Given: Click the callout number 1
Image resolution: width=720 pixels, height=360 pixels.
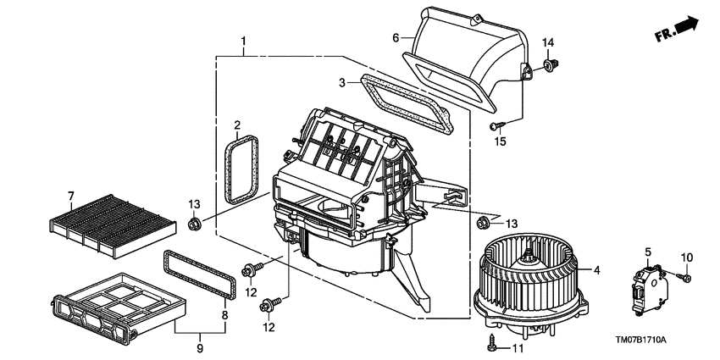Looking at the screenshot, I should click(x=243, y=41).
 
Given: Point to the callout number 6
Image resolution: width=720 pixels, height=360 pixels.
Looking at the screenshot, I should click(x=395, y=37).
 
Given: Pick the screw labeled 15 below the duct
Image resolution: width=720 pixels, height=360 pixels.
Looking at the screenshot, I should click(x=495, y=126).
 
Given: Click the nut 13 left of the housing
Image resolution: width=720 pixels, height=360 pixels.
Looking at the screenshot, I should click(x=194, y=223).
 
